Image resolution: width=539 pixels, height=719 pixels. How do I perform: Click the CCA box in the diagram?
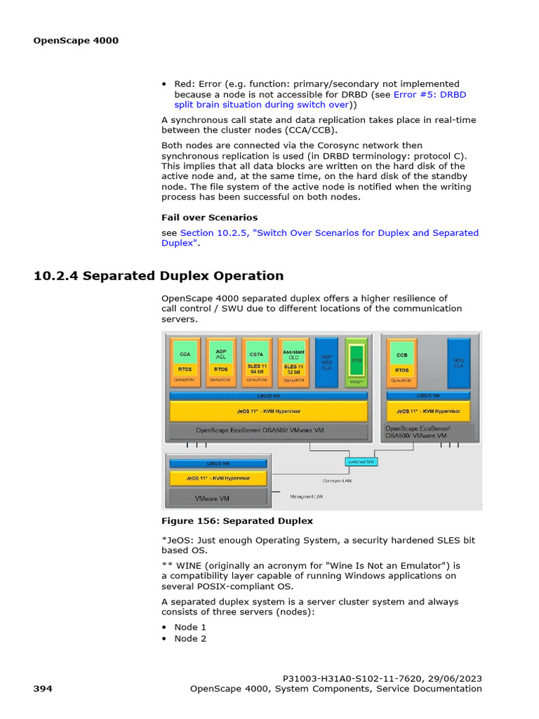(185, 355)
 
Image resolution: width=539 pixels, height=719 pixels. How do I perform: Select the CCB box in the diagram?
(401, 355)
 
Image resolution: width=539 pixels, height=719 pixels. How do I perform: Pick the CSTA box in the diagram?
(256, 355)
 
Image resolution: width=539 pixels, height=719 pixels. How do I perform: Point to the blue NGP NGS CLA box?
(326, 362)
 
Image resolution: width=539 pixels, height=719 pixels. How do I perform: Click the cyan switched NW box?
(361, 461)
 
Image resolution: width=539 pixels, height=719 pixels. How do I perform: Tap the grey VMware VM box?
(218, 497)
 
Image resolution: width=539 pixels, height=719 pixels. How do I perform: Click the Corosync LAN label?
(338, 481)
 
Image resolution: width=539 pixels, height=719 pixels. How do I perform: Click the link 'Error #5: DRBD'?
(430, 94)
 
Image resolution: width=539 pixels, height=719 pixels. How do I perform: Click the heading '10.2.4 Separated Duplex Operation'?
(159, 275)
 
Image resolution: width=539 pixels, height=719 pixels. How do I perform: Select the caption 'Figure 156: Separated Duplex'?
(237, 521)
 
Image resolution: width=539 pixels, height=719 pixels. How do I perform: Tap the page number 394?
(43, 689)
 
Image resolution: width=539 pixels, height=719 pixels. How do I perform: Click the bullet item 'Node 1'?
(190, 627)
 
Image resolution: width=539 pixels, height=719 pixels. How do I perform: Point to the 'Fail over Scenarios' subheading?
(209, 218)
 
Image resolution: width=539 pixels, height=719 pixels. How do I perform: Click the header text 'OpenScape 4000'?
(76, 40)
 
